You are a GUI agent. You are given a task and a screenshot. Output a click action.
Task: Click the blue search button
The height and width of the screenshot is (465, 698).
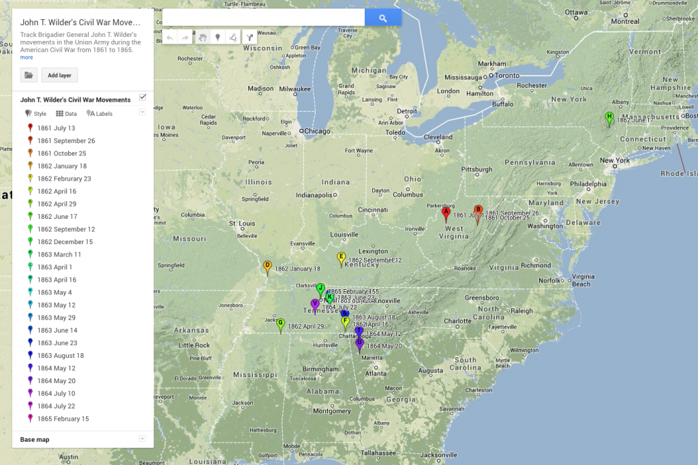pyautogui.click(x=382, y=18)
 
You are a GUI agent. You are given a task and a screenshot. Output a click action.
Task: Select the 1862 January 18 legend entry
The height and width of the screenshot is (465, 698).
pyautogui.click(x=62, y=166)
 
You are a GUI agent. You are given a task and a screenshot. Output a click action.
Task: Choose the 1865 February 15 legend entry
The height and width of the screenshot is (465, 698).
pyautogui.click(x=63, y=419)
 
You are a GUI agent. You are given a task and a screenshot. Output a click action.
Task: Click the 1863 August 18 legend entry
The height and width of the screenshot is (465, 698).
pyautogui.click(x=61, y=355)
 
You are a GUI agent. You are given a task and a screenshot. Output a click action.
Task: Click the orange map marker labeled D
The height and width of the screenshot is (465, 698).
pyautogui.click(x=267, y=267)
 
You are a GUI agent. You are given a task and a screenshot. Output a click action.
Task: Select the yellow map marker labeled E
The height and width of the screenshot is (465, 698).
pyautogui.click(x=342, y=258)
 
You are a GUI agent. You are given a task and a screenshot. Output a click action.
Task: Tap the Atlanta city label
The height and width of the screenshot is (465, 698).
pyautogui.click(x=376, y=373)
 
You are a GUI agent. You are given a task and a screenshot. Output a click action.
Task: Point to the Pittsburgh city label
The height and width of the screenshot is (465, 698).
pyautogui.click(x=476, y=169)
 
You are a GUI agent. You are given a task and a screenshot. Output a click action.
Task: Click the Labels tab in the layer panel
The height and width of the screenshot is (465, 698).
pyautogui.click(x=100, y=114)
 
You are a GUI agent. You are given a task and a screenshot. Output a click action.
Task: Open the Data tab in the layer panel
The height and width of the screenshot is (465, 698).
pyautogui.click(x=67, y=114)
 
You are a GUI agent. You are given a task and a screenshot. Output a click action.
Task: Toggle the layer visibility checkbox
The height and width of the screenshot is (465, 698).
pyautogui.click(x=142, y=97)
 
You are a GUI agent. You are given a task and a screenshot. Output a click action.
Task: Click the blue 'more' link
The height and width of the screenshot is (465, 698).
pyautogui.click(x=27, y=57)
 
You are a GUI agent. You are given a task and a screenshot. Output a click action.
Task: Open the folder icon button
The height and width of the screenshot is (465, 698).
pyautogui.click(x=29, y=75)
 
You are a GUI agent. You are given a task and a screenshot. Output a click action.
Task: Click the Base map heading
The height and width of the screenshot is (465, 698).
pyautogui.click(x=35, y=440)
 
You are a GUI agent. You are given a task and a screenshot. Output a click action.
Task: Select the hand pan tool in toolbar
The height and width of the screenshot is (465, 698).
pyautogui.click(x=202, y=37)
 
